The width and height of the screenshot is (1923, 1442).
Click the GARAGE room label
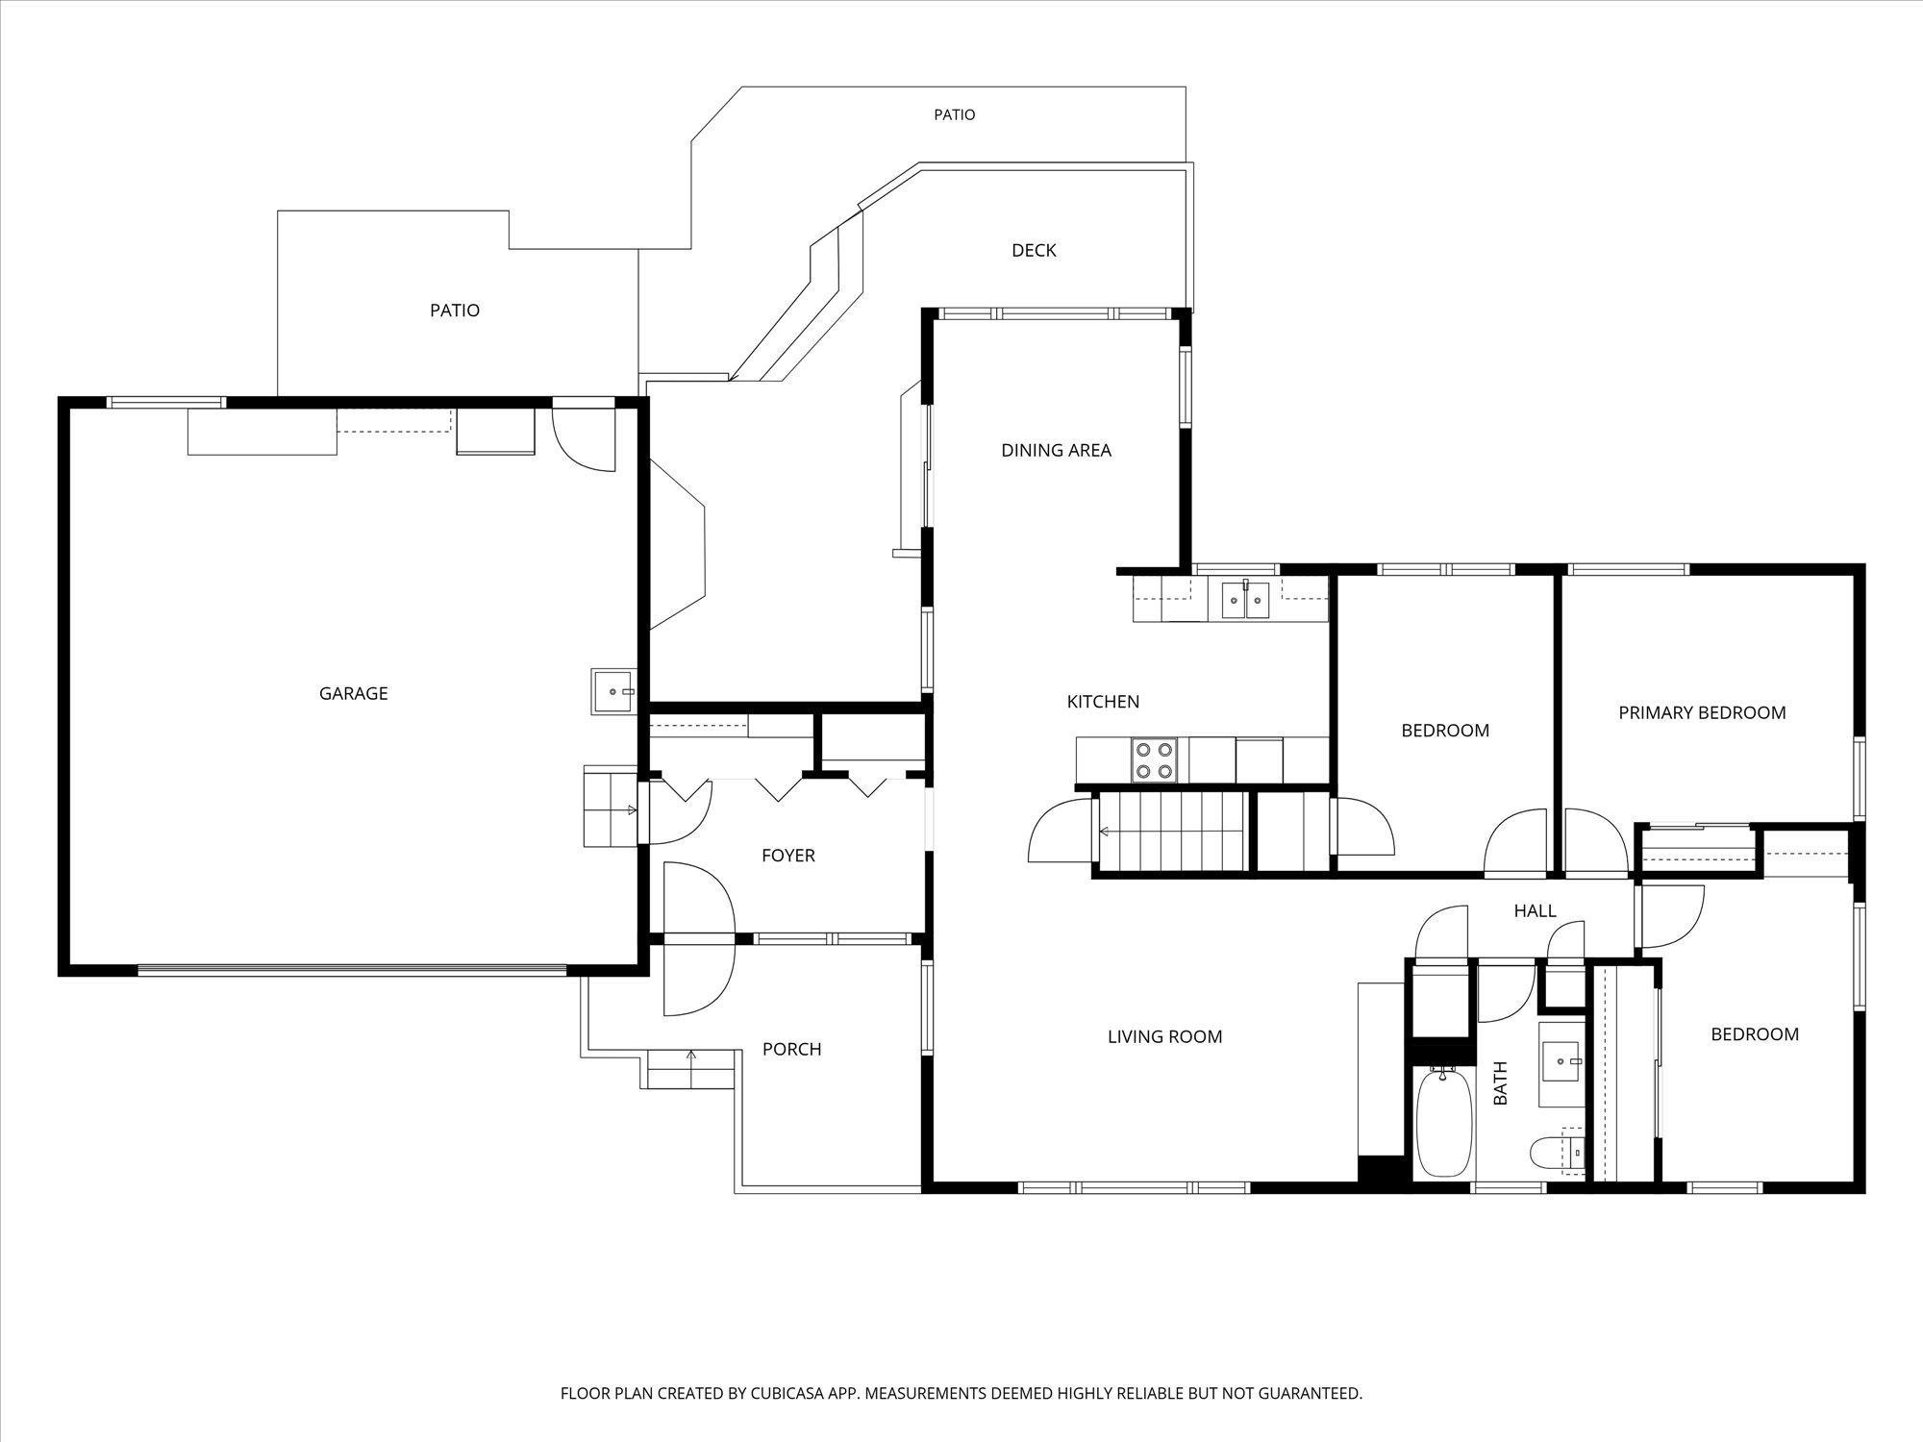tap(353, 693)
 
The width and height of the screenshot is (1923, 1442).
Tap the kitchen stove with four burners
tap(1154, 759)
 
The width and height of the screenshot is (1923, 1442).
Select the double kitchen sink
tap(1246, 599)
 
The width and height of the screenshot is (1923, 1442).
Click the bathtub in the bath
tap(1445, 1122)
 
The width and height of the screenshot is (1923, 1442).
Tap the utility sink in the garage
tap(612, 691)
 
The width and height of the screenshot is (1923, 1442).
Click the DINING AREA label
tap(1056, 450)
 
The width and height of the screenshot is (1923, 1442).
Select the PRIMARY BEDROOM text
tap(1702, 712)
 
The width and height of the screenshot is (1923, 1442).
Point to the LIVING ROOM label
tap(1164, 1036)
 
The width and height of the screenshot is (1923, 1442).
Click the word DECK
tap(1034, 250)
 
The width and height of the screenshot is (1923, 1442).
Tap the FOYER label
tap(787, 856)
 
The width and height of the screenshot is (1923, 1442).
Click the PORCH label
tap(791, 1049)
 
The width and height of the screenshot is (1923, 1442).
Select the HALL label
tap(1535, 910)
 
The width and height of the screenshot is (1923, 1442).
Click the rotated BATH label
tap(1500, 1082)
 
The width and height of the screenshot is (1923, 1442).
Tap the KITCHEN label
tap(1103, 702)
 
